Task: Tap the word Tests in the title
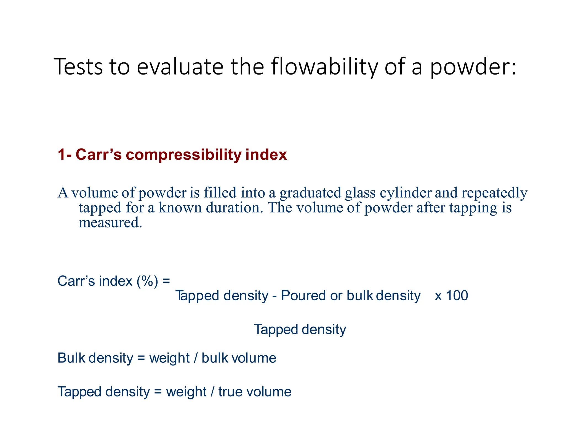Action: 78,67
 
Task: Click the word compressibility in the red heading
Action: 183,155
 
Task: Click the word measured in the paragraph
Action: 110,222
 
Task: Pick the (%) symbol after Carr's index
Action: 147,281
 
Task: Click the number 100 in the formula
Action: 457,296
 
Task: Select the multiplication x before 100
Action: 438,296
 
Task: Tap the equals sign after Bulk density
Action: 141,358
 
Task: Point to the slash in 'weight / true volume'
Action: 212,392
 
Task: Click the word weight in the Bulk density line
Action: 169,358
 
